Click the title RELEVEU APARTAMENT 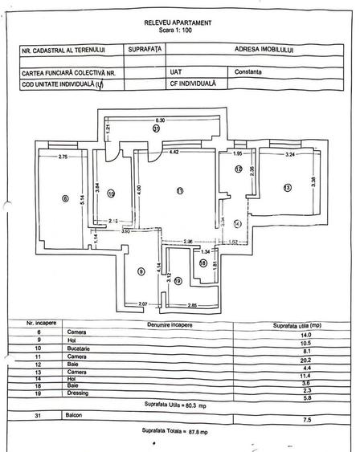[178, 24]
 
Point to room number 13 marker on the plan [286, 187]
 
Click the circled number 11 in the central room [179, 190]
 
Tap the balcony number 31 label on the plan [158, 128]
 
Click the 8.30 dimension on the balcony [160, 119]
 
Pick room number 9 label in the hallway [141, 272]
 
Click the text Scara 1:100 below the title [178, 32]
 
